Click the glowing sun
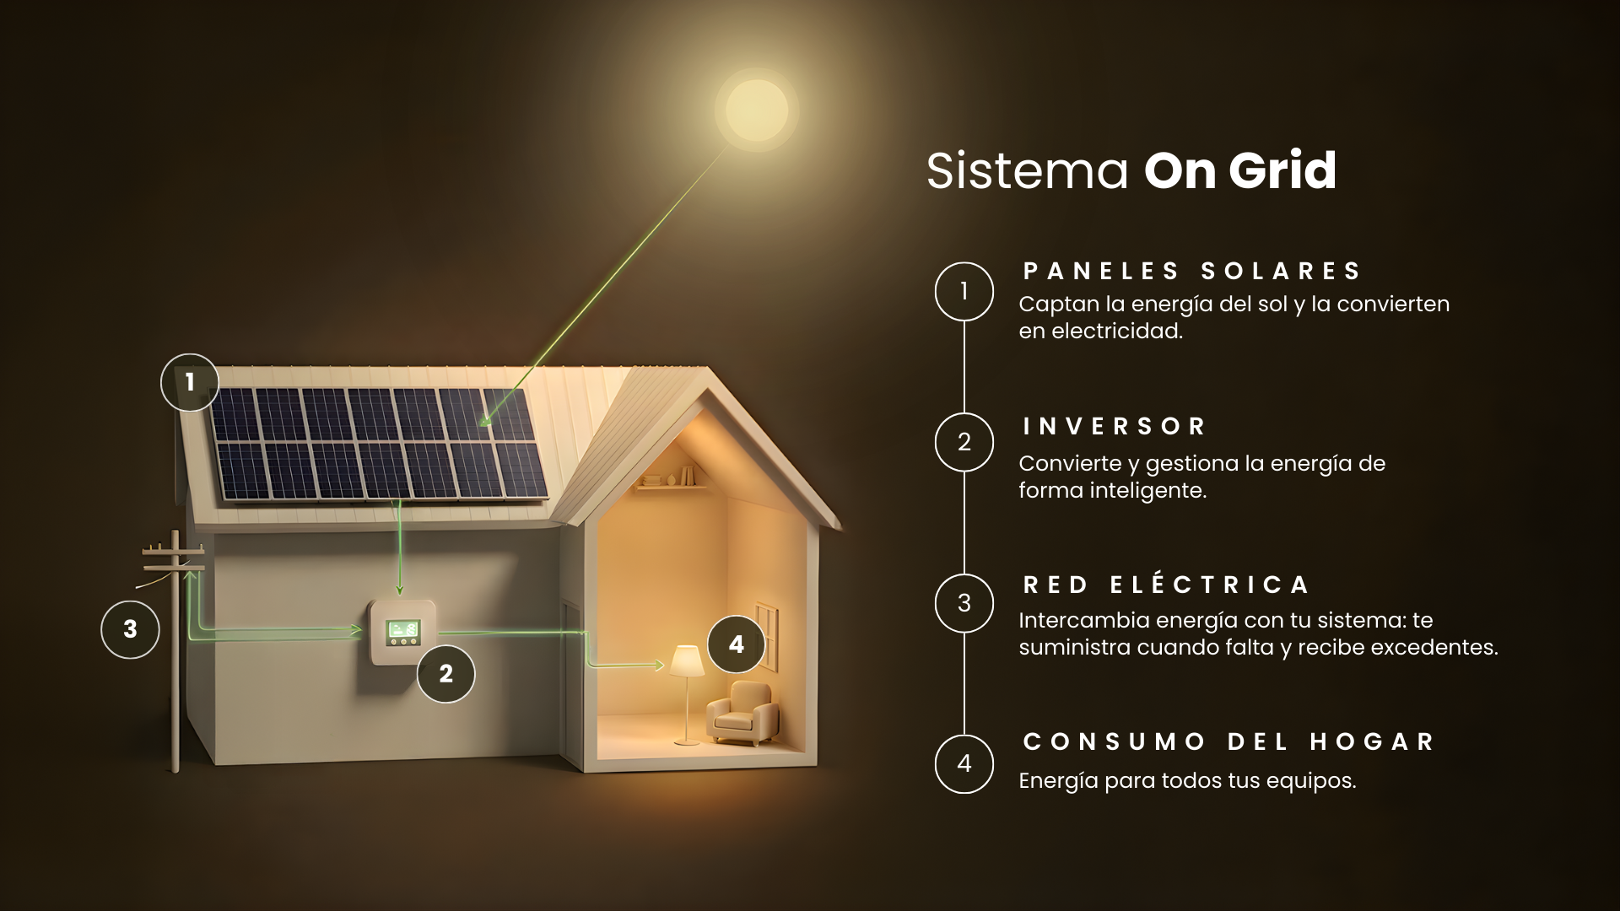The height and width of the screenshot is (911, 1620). coord(757,111)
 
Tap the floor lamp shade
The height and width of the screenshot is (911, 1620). coord(686,660)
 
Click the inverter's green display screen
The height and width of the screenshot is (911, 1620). coord(403,630)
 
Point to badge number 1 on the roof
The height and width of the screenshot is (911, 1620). coord(190,382)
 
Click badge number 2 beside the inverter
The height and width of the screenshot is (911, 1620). coord(446,674)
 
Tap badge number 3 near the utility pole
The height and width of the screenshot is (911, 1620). coord(130,629)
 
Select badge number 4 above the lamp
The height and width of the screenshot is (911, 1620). coord(737,644)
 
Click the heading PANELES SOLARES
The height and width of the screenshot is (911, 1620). coord(1191,271)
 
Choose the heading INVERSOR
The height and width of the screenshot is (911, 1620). coord(1114,426)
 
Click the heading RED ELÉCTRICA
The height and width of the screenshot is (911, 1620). coord(1166,583)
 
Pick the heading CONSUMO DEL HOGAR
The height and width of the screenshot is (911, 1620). coord(1228,741)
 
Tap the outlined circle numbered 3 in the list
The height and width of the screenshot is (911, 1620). coord(964,603)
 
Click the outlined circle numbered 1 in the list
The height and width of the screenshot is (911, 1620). coord(964,291)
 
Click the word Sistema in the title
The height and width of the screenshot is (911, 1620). coord(1028,170)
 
